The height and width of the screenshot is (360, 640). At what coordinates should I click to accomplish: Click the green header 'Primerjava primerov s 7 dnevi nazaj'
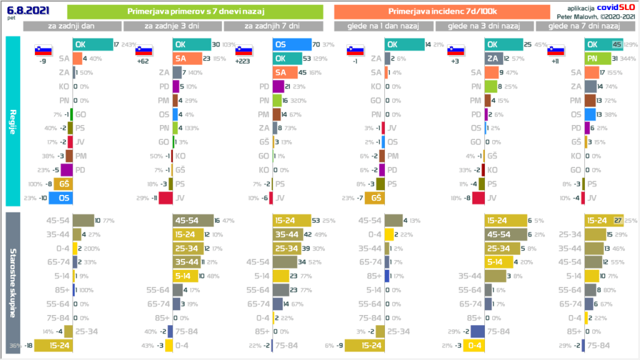[x=194, y=12]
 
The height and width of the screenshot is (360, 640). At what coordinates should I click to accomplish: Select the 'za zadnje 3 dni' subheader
[x=172, y=26]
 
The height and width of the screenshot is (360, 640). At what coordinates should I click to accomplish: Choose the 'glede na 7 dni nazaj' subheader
[x=582, y=26]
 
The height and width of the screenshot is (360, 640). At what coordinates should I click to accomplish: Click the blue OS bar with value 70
[x=292, y=44]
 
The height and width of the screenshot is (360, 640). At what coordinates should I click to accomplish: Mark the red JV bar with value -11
[x=166, y=198]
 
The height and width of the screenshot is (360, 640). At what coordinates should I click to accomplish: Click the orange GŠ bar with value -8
[x=63, y=184]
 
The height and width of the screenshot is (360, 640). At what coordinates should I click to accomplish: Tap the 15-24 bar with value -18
[x=53, y=345]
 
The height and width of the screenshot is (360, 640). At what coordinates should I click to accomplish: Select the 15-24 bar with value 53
[x=294, y=220]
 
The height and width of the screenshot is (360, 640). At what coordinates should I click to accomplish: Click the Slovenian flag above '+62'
[x=144, y=51]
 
